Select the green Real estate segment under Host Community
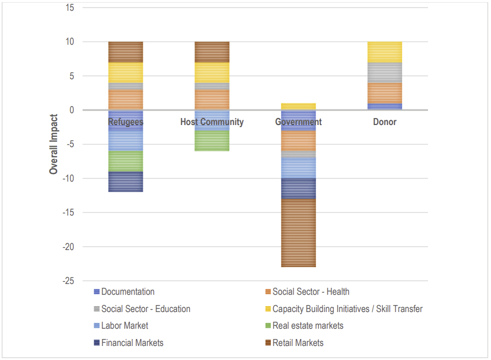[212, 141]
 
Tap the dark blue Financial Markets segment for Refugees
[126, 182]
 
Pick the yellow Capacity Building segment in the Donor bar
[384, 52]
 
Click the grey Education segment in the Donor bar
[384, 72]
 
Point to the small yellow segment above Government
[298, 106]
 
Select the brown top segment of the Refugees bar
[126, 52]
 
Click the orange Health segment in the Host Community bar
[212, 100]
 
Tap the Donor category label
[384, 122]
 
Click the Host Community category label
[212, 122]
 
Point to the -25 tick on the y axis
[68, 281]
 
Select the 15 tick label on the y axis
[71, 8]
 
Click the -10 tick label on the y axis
[68, 178]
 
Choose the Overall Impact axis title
[53, 144]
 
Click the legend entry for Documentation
[128, 292]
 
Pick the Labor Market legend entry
[124, 326]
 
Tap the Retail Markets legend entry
[298, 343]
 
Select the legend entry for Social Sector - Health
[311, 292]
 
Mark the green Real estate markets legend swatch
[268, 326]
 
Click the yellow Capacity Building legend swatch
[268, 309]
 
